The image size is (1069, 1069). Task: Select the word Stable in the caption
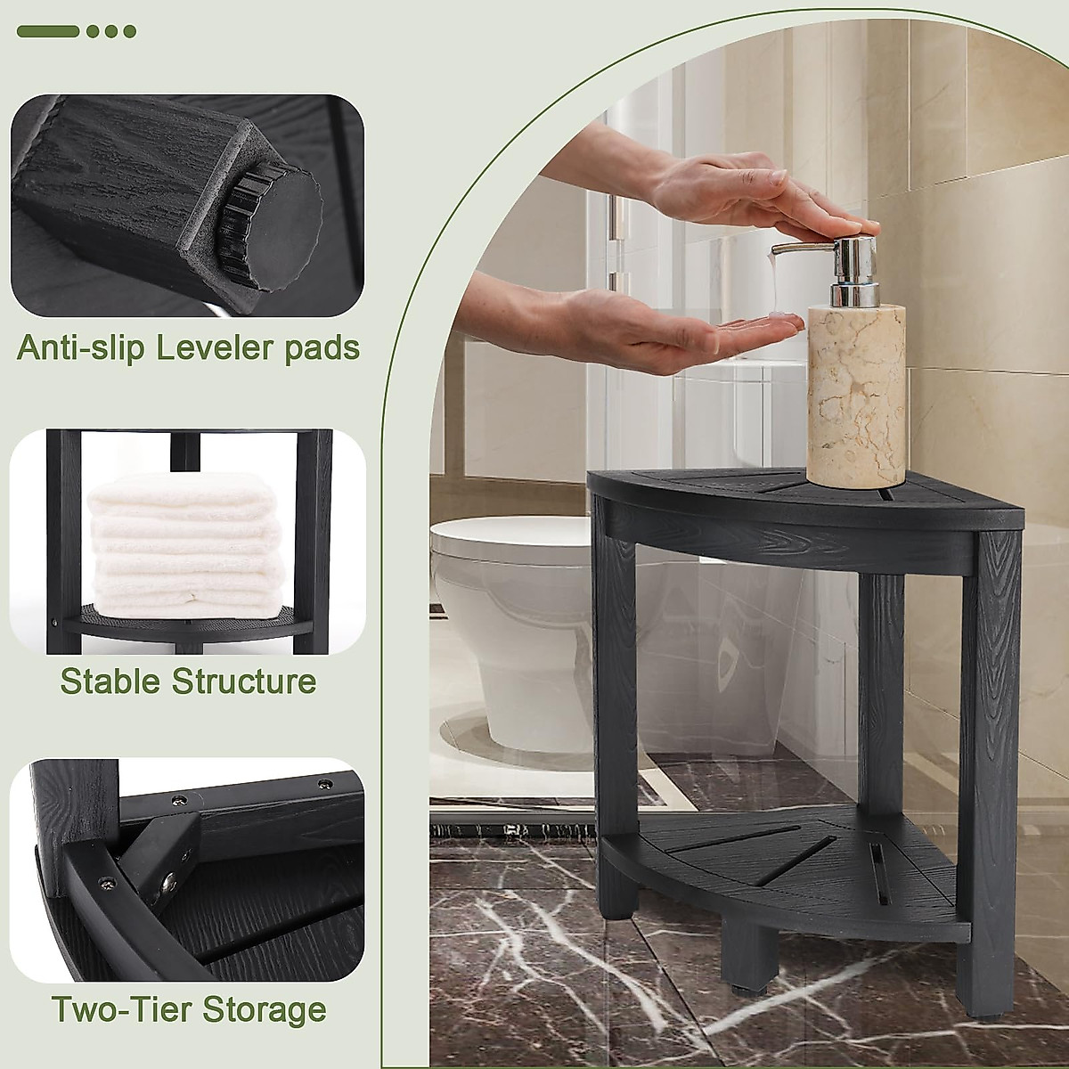(110, 681)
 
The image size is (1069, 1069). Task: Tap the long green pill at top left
(48, 31)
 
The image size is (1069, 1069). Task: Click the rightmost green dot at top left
(130, 31)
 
